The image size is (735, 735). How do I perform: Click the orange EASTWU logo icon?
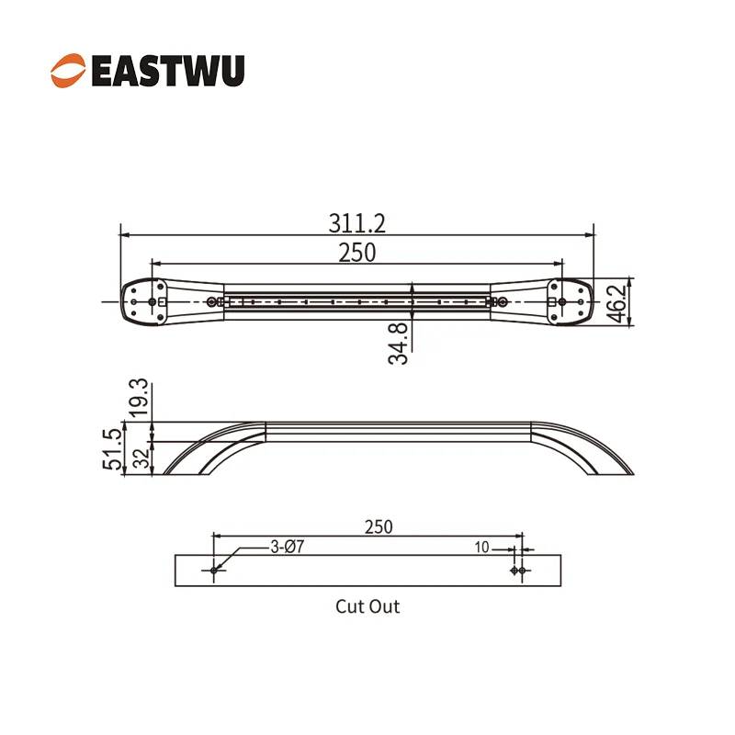[x=68, y=71]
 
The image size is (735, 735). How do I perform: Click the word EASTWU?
[x=168, y=71]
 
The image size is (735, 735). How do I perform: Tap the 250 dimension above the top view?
[x=356, y=253]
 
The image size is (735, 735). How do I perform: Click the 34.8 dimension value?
[x=398, y=342]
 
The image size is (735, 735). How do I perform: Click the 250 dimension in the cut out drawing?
[x=378, y=526]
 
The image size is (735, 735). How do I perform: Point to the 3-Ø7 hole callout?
[x=287, y=547]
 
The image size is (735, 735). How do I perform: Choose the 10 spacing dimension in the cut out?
[x=481, y=547]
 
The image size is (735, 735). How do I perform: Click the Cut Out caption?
[x=367, y=606]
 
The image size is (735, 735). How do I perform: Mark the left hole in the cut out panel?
[x=214, y=571]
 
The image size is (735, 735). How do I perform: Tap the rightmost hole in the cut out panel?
[x=523, y=571]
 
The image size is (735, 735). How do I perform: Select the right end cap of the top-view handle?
[x=569, y=301]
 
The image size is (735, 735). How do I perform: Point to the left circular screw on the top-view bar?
[x=212, y=301]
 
